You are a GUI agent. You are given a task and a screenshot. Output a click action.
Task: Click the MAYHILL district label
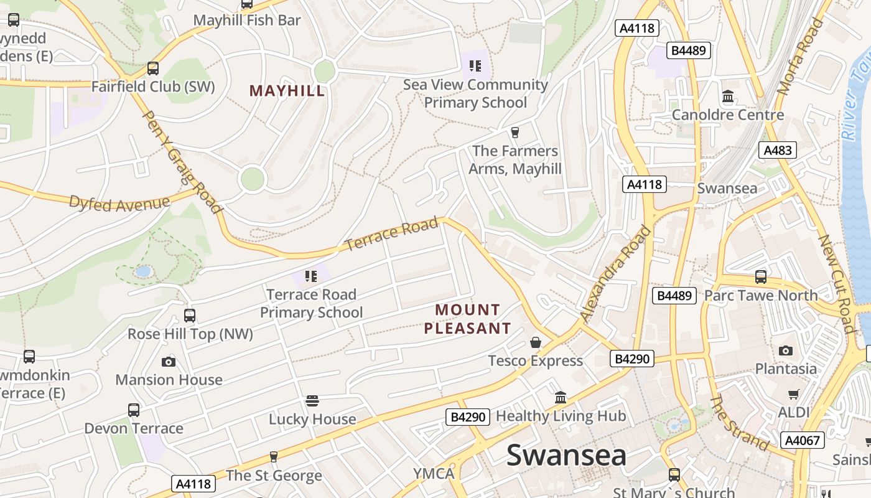click(x=287, y=91)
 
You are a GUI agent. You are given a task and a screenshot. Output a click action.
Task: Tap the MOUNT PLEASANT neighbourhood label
click(x=468, y=319)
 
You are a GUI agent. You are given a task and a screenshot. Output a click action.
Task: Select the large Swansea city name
click(x=566, y=455)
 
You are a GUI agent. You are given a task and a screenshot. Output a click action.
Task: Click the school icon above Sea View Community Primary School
click(x=475, y=66)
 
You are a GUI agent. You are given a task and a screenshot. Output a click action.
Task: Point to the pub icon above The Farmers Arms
click(x=515, y=132)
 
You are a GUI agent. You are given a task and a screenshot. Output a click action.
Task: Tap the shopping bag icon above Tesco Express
click(x=535, y=342)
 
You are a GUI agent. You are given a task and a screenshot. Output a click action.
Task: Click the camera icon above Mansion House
click(x=169, y=362)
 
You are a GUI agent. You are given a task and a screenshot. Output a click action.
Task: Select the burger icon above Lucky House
click(x=312, y=401)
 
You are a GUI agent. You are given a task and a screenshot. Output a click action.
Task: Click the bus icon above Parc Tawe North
click(x=760, y=277)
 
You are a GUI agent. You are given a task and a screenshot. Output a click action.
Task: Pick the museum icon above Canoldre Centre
click(x=728, y=96)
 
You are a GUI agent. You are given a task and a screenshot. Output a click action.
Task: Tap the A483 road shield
click(x=778, y=149)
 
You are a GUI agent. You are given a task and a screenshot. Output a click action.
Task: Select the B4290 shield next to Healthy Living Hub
click(x=468, y=417)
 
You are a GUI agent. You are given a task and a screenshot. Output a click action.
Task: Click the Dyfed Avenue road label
click(x=119, y=203)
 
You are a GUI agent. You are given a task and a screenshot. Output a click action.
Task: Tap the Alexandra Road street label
click(x=616, y=274)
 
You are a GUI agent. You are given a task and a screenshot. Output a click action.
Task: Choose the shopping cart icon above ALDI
click(x=793, y=394)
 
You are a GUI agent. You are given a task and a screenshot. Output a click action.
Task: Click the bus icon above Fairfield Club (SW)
click(x=152, y=68)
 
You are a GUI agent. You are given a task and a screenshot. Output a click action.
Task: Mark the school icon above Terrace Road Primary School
click(x=311, y=276)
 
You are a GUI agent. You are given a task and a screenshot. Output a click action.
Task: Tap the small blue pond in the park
click(x=143, y=271)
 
